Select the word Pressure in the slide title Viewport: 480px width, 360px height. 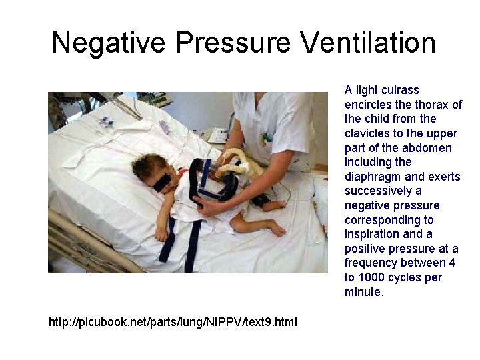(233, 43)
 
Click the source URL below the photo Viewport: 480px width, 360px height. (173, 323)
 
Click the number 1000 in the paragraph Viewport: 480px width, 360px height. (371, 277)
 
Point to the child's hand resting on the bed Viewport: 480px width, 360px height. (161, 234)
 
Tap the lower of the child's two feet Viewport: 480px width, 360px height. (275, 229)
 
